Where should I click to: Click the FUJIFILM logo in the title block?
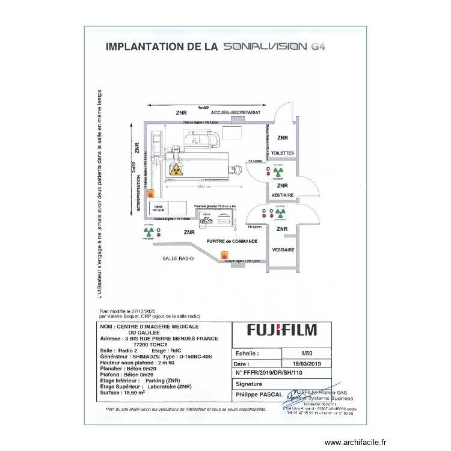click(282, 330)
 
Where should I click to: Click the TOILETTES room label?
click(283, 153)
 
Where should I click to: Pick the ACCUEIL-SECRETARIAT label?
click(236, 112)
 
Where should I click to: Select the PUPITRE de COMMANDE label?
click(232, 241)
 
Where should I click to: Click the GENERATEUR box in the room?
click(159, 208)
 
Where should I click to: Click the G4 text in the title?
click(318, 46)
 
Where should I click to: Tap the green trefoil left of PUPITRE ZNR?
click(148, 231)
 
